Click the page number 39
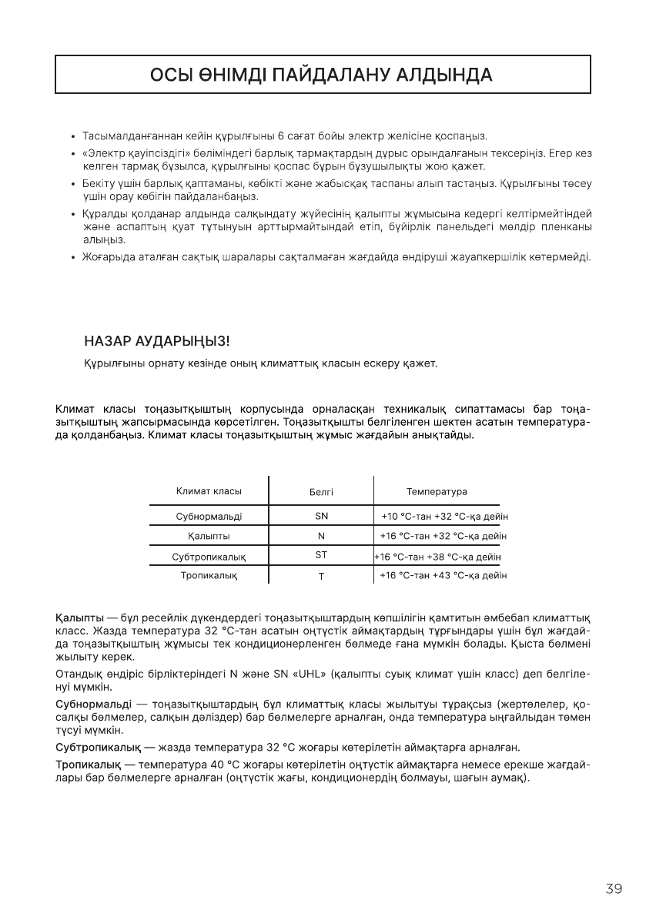click(x=614, y=889)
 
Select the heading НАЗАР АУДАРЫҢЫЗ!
click(x=156, y=340)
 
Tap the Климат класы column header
click(x=209, y=491)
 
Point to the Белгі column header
click(x=321, y=492)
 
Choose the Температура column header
click(x=437, y=491)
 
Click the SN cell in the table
click(x=321, y=516)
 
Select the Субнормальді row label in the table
click(x=209, y=516)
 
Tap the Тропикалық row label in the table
click(x=209, y=575)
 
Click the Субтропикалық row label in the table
click(x=209, y=556)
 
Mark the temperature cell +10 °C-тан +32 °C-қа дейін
click(x=444, y=516)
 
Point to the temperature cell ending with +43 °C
click(x=443, y=575)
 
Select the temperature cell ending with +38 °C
click(x=437, y=556)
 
